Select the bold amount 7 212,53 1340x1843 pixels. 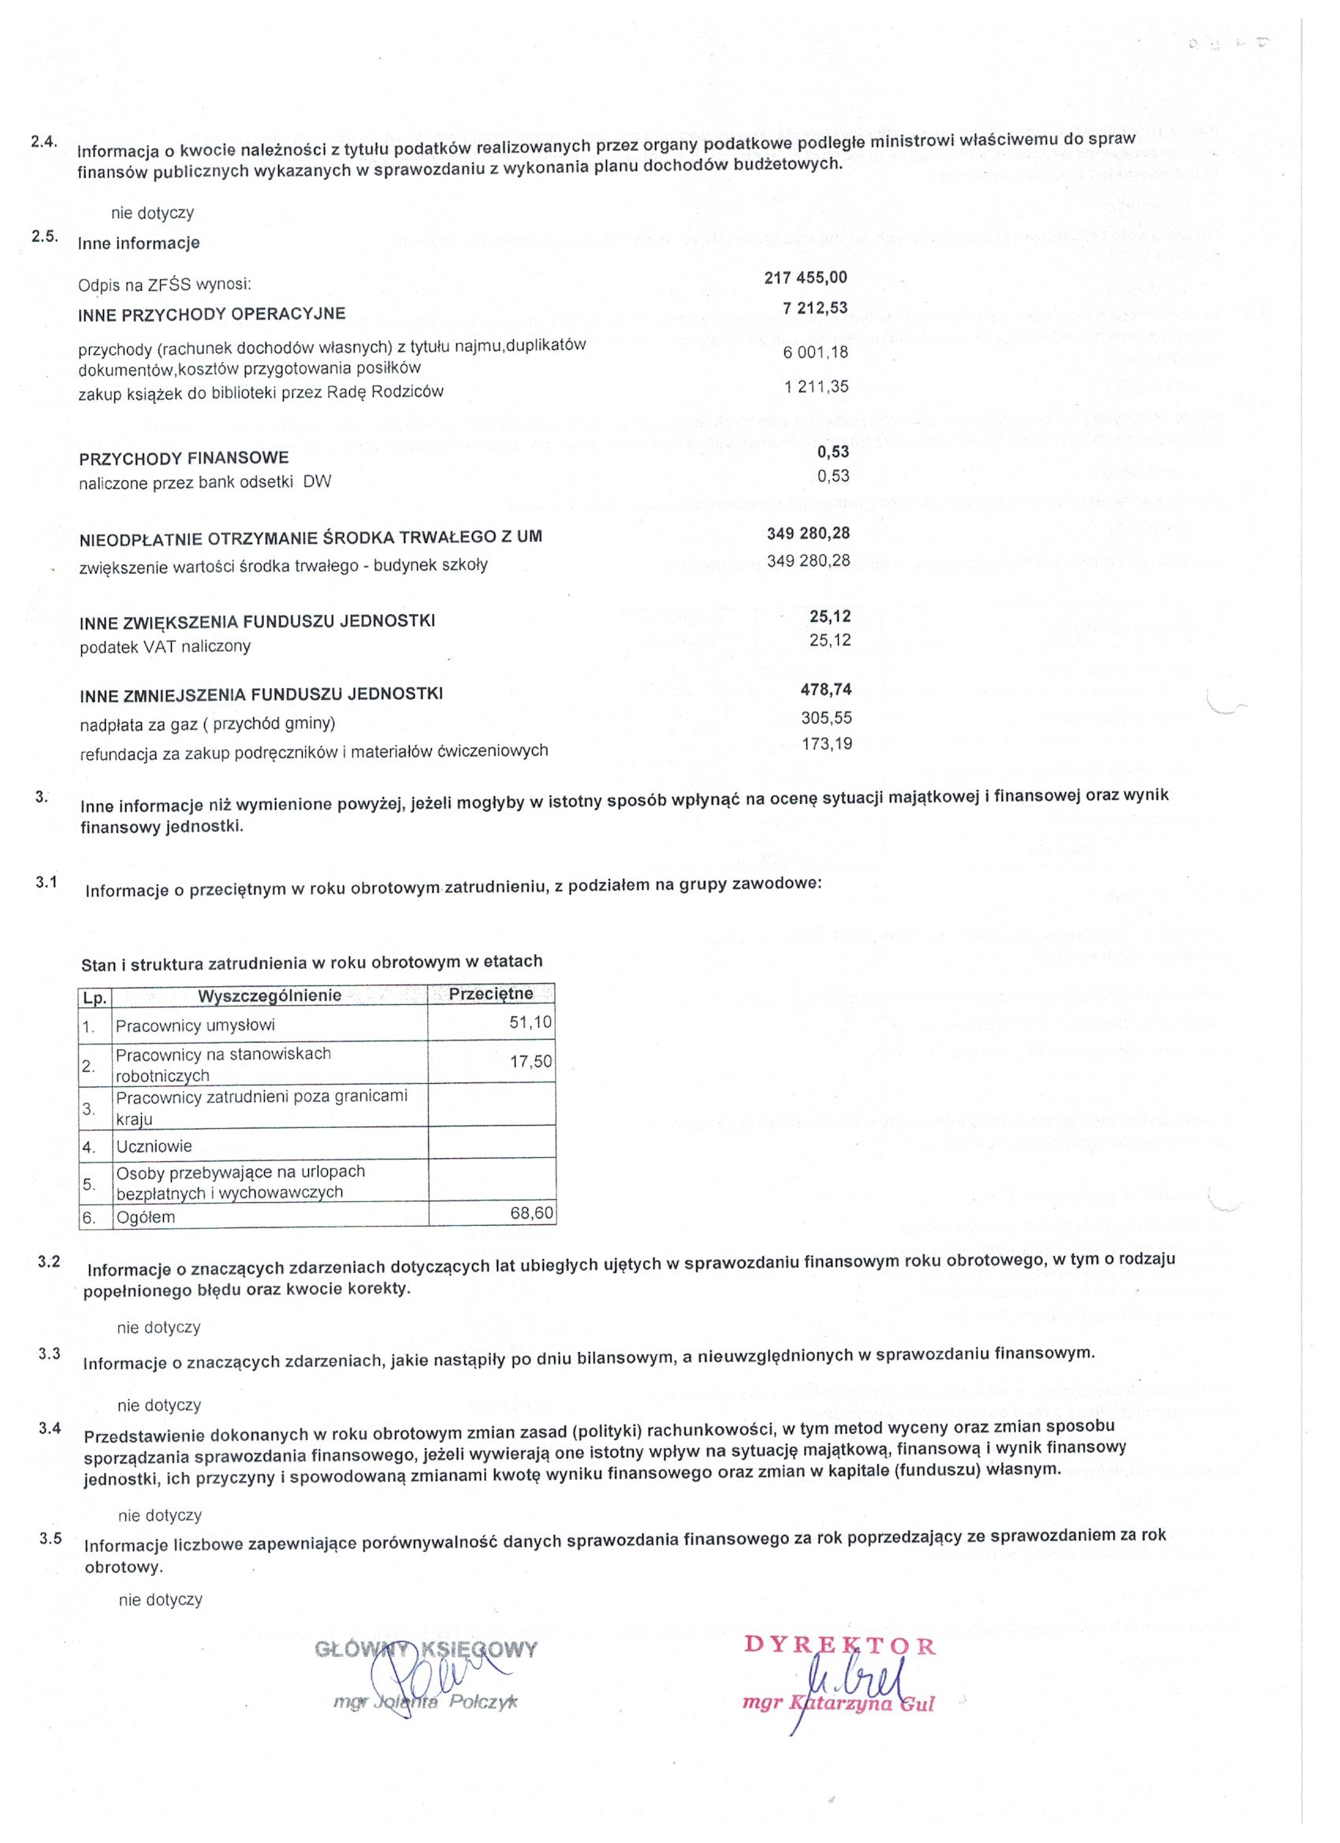tap(814, 309)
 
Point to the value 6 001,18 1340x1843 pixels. tap(816, 352)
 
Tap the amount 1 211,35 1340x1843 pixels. tap(816, 387)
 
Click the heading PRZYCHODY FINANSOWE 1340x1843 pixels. tap(184, 458)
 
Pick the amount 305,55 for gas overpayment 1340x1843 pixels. tap(825, 717)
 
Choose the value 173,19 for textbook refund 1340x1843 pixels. tap(826, 743)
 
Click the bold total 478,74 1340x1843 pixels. tap(825, 690)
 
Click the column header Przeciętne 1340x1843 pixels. tap(491, 994)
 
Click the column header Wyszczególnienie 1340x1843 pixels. tap(270, 996)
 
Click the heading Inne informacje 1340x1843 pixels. tap(138, 243)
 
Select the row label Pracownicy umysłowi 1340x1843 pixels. tap(195, 1026)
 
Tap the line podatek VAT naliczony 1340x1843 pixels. tap(165, 647)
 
